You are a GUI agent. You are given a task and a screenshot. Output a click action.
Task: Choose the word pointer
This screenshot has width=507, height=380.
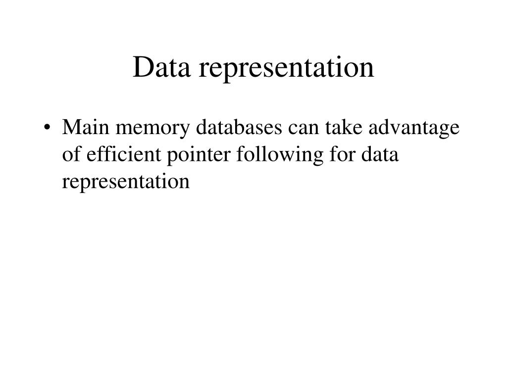click(x=191, y=156)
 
